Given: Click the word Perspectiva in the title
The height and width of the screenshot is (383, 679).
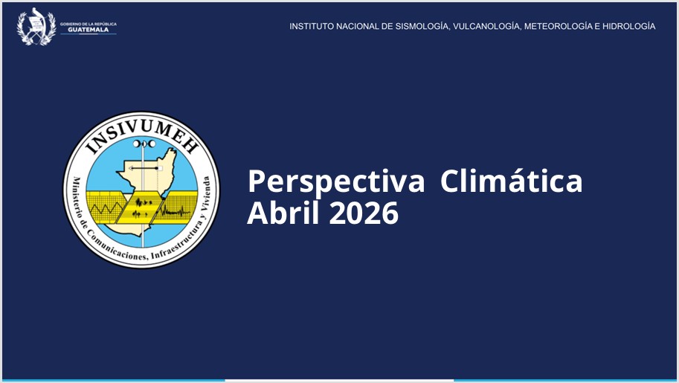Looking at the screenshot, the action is coord(336,182).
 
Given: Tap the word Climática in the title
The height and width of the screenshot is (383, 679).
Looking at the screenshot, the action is coord(511,180).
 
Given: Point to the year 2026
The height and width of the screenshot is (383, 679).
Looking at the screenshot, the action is coord(364,213).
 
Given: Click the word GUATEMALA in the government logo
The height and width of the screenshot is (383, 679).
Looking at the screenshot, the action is coord(89,30).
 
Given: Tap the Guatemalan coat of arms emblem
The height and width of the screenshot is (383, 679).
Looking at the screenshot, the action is coord(36,27).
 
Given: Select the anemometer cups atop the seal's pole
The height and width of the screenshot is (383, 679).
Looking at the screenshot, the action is coord(144,144).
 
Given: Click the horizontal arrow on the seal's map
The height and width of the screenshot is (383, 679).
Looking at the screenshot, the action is coord(144,168).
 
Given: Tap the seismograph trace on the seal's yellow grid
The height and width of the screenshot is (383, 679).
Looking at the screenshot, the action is coord(176,210).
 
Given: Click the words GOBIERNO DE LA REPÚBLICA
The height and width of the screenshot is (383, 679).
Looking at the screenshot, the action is coord(89,24).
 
